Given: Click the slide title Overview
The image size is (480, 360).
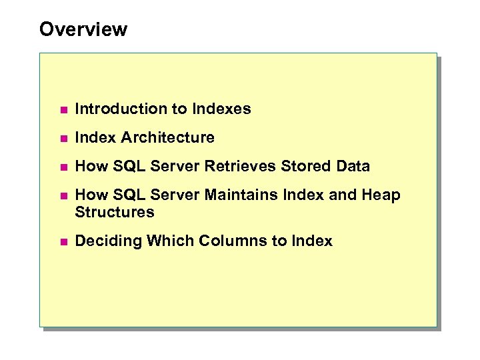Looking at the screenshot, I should [x=83, y=29].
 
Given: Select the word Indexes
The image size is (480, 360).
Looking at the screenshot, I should [x=221, y=109].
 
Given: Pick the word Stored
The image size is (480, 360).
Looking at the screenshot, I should [x=303, y=167].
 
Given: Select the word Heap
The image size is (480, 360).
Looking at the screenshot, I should [x=381, y=195].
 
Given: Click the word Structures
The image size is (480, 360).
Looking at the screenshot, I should [x=114, y=213].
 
